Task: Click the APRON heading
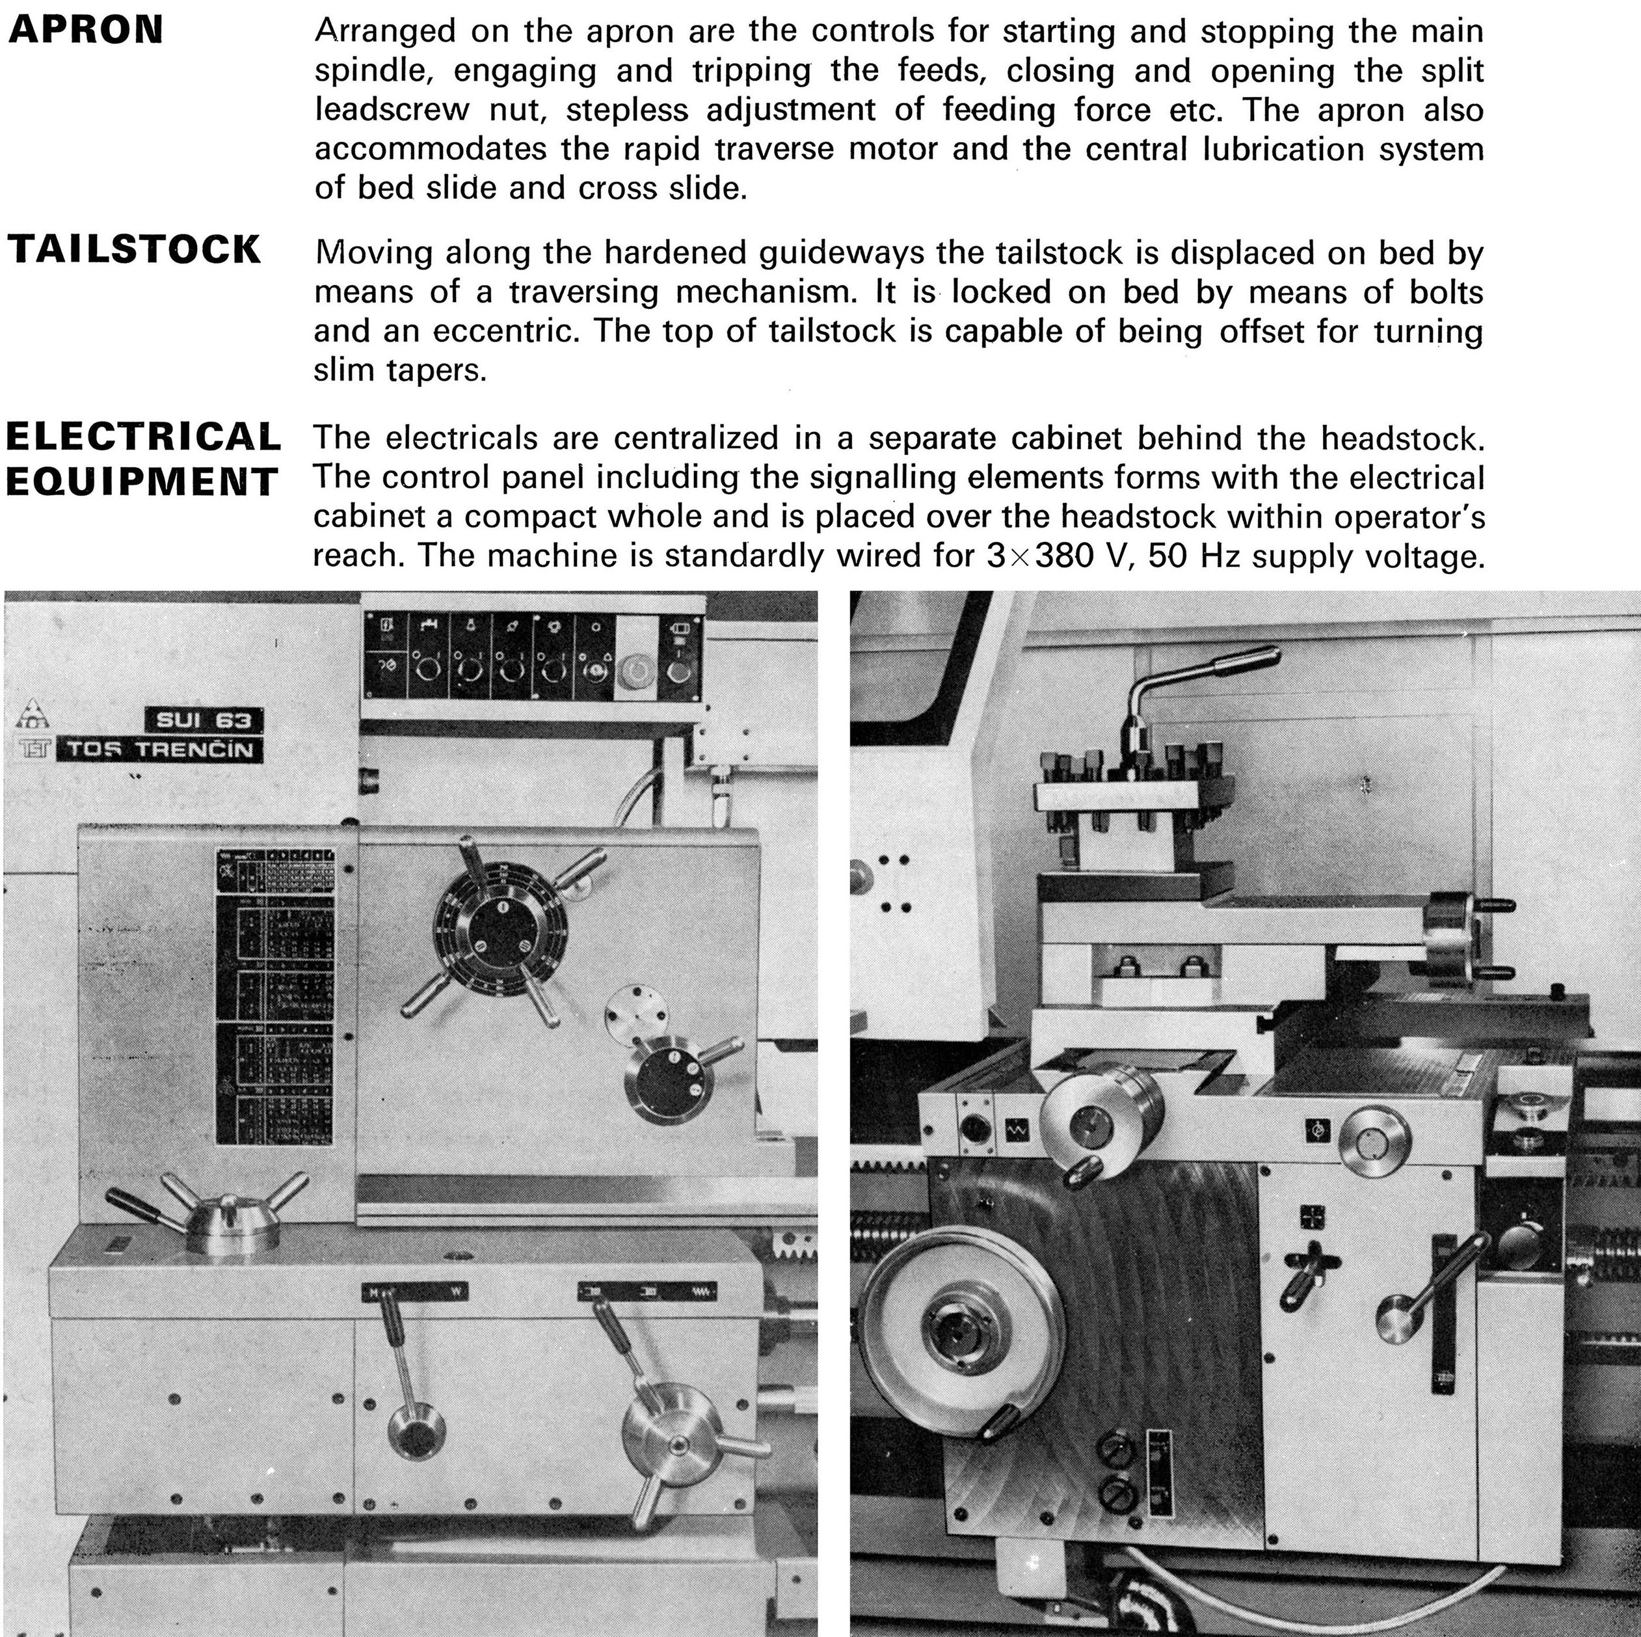(x=85, y=31)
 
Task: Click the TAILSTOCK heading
(x=134, y=250)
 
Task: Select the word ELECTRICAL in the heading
(x=142, y=437)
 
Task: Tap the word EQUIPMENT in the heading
(x=141, y=481)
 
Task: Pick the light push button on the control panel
(x=635, y=671)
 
